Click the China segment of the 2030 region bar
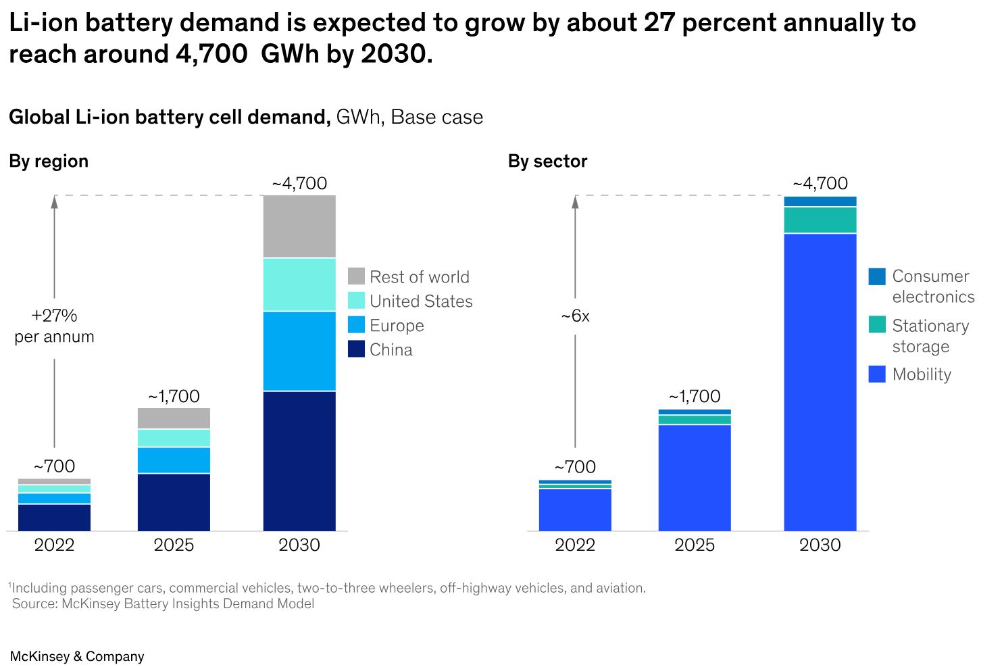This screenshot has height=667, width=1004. point(299,461)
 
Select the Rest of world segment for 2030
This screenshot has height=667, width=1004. point(299,226)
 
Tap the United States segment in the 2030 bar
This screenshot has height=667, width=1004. point(299,285)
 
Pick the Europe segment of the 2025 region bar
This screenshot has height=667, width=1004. point(174,460)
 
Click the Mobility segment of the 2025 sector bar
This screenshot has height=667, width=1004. point(695,478)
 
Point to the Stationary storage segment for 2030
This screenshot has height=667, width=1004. point(820,220)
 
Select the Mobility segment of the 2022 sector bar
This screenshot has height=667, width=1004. point(575,510)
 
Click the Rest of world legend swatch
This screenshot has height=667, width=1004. point(356,276)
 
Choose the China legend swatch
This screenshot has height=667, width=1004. point(356,349)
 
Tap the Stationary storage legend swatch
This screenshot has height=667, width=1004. point(877,324)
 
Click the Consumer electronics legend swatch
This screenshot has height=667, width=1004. point(877,276)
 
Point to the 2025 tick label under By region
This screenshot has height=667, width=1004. point(174,545)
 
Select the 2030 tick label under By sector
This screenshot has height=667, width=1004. point(820,545)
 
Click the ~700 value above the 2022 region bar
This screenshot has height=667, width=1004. point(54,466)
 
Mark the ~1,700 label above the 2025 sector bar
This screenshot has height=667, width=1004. point(695,396)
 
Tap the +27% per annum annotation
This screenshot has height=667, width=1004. point(54,326)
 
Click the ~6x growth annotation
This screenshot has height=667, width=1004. point(575,316)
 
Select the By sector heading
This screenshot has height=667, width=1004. point(547,162)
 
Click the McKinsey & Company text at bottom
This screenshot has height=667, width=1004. point(77,656)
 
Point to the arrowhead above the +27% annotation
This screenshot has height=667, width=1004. point(54,201)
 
